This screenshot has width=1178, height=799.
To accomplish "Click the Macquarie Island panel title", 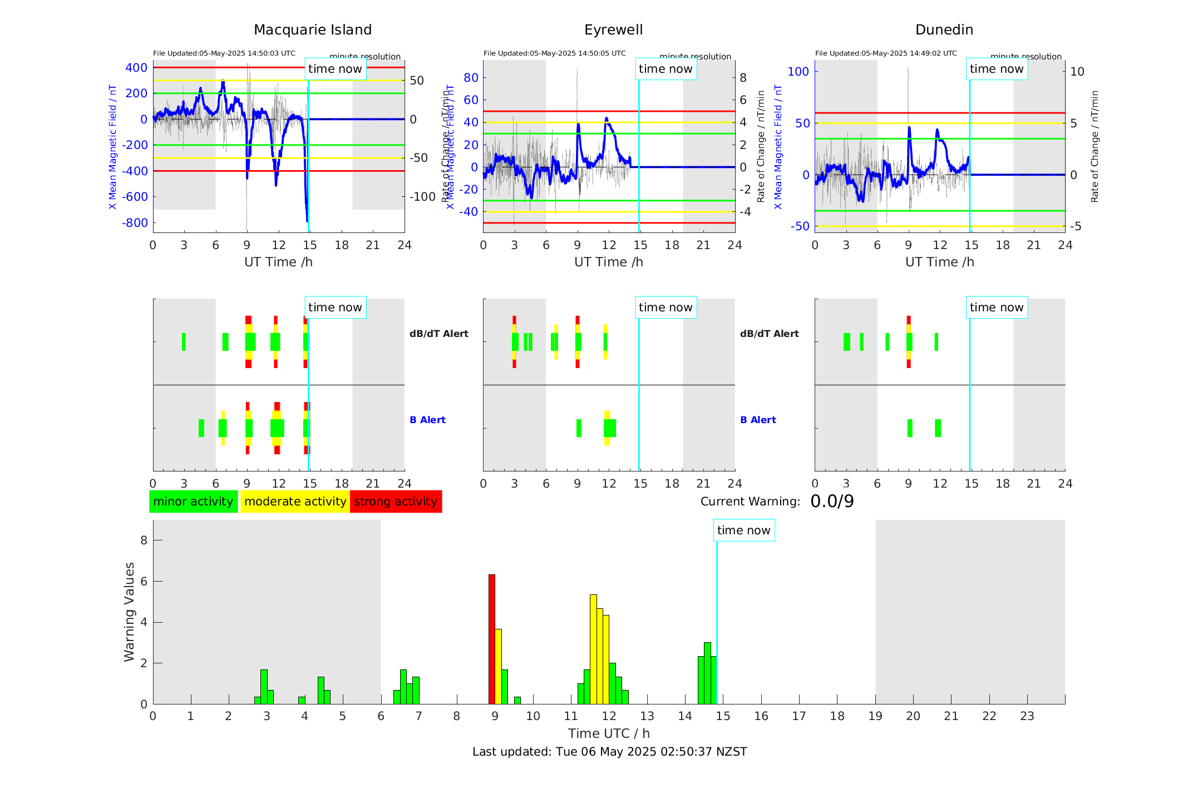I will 312,30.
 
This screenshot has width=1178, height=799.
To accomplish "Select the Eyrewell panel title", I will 613,30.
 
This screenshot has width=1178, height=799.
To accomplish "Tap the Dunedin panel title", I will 944,30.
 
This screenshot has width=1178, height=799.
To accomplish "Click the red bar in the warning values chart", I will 492,639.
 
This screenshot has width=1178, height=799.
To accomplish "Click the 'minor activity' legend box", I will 193,502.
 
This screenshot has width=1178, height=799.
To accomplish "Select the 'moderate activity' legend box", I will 295,502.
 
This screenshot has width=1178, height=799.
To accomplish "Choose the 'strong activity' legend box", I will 396,502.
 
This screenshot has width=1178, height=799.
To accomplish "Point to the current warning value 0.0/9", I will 832,502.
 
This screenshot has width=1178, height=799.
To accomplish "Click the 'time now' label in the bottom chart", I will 743,530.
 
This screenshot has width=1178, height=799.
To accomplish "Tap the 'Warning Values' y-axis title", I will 130,612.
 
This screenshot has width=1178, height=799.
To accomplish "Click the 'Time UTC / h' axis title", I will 609,733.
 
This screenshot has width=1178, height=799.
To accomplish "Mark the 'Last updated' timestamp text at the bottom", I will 609,752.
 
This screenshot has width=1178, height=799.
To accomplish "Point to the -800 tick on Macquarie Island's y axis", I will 135,223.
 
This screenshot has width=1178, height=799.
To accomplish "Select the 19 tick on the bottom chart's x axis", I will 875,716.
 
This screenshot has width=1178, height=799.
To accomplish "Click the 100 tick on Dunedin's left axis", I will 798,71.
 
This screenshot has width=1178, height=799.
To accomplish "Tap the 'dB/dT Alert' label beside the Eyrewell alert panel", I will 769,334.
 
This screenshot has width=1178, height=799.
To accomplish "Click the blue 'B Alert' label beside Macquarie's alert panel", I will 427,420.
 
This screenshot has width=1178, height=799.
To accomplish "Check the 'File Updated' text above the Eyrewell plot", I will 554,53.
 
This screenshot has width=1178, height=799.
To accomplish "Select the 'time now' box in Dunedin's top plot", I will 996,69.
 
